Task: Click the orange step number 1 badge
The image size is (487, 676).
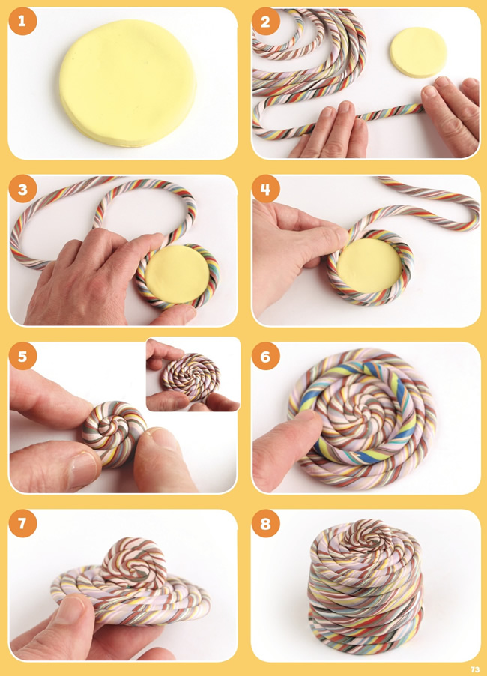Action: (22, 21)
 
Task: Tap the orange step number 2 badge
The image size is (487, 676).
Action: (265, 21)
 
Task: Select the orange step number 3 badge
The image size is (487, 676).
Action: (22, 190)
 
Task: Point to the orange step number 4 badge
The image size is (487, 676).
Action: (265, 190)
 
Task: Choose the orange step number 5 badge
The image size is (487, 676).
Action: (22, 357)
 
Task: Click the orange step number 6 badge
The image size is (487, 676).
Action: (265, 357)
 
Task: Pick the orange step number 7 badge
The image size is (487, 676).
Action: (22, 524)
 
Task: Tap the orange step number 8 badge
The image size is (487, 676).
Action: (265, 524)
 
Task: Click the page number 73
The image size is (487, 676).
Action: (474, 669)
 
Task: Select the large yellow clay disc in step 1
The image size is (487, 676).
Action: (127, 82)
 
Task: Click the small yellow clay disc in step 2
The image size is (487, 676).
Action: (418, 52)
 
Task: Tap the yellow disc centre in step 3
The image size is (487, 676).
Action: (177, 274)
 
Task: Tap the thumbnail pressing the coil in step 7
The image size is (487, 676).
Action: (69, 609)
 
